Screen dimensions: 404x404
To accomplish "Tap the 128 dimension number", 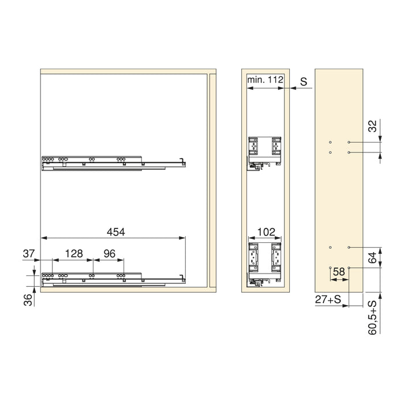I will click(74, 253).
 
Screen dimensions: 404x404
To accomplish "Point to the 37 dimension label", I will click(29, 253).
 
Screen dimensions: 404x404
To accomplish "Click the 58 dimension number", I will click(339, 271).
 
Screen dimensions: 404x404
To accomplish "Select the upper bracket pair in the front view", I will click(264, 148).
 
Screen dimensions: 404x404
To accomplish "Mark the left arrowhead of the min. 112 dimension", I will click(248, 88).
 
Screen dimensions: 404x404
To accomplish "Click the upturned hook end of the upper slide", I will click(183, 159).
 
